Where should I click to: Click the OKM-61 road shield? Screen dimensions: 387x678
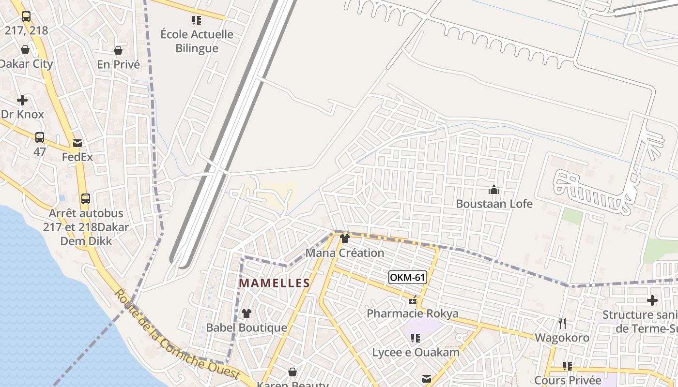[408, 277]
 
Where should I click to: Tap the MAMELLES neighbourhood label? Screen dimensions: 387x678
[275, 283]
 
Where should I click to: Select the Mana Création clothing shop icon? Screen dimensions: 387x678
[345, 238]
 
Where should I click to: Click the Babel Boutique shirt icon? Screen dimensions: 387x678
[247, 313]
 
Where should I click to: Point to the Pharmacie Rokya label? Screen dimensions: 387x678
[413, 313]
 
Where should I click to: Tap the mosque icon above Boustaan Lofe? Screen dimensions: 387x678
[494, 190]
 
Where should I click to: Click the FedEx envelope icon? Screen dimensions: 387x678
[77, 143]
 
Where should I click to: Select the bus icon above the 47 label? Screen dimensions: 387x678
[40, 137]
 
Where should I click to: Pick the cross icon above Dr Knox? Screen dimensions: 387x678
[22, 100]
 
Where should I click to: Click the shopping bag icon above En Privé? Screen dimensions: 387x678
[118, 50]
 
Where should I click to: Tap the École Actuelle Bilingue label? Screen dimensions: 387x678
[197, 41]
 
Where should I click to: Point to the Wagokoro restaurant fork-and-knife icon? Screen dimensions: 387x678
[562, 323]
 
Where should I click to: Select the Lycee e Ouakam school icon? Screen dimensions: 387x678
[415, 338]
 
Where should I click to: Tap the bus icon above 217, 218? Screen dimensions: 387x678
[26, 16]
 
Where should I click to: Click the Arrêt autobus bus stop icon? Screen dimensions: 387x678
[86, 199]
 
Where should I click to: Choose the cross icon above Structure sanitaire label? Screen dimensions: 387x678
[652, 300]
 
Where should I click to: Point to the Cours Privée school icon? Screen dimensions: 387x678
[567, 366]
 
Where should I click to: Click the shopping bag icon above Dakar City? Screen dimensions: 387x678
[25, 49]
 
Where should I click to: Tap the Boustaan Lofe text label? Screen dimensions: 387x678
[494, 204]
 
